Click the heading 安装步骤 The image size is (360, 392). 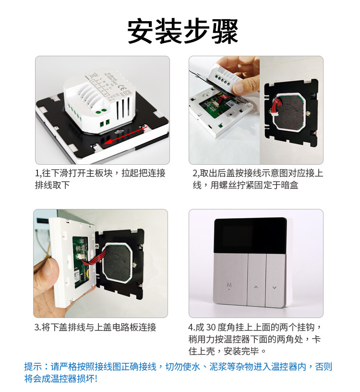pos(182,32)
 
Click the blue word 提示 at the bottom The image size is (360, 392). pos(33,367)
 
